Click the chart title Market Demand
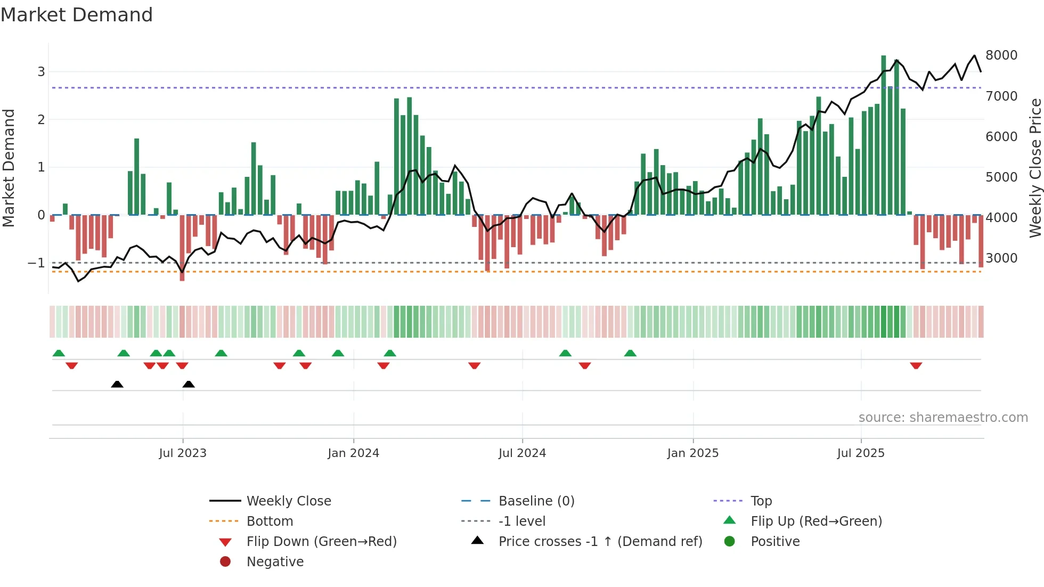[x=77, y=15]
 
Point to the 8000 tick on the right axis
[x=1001, y=55]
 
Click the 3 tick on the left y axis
[x=41, y=72]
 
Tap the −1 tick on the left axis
[x=37, y=263]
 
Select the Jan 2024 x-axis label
[x=353, y=453]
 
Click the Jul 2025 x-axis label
[x=860, y=453]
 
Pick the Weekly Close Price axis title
[x=1035, y=168]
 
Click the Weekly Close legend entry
[x=288, y=501]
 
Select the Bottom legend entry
[x=270, y=521]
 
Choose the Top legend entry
[x=761, y=501]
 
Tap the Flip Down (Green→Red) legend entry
[x=321, y=542]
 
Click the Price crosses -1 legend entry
[x=600, y=542]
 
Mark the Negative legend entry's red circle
[x=225, y=562]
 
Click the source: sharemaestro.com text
[x=943, y=418]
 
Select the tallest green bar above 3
[x=883, y=133]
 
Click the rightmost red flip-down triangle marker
[x=916, y=365]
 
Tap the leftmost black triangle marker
[x=117, y=384]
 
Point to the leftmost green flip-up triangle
[x=59, y=353]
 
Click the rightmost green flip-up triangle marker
[x=630, y=353]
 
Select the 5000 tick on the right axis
[x=1001, y=177]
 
